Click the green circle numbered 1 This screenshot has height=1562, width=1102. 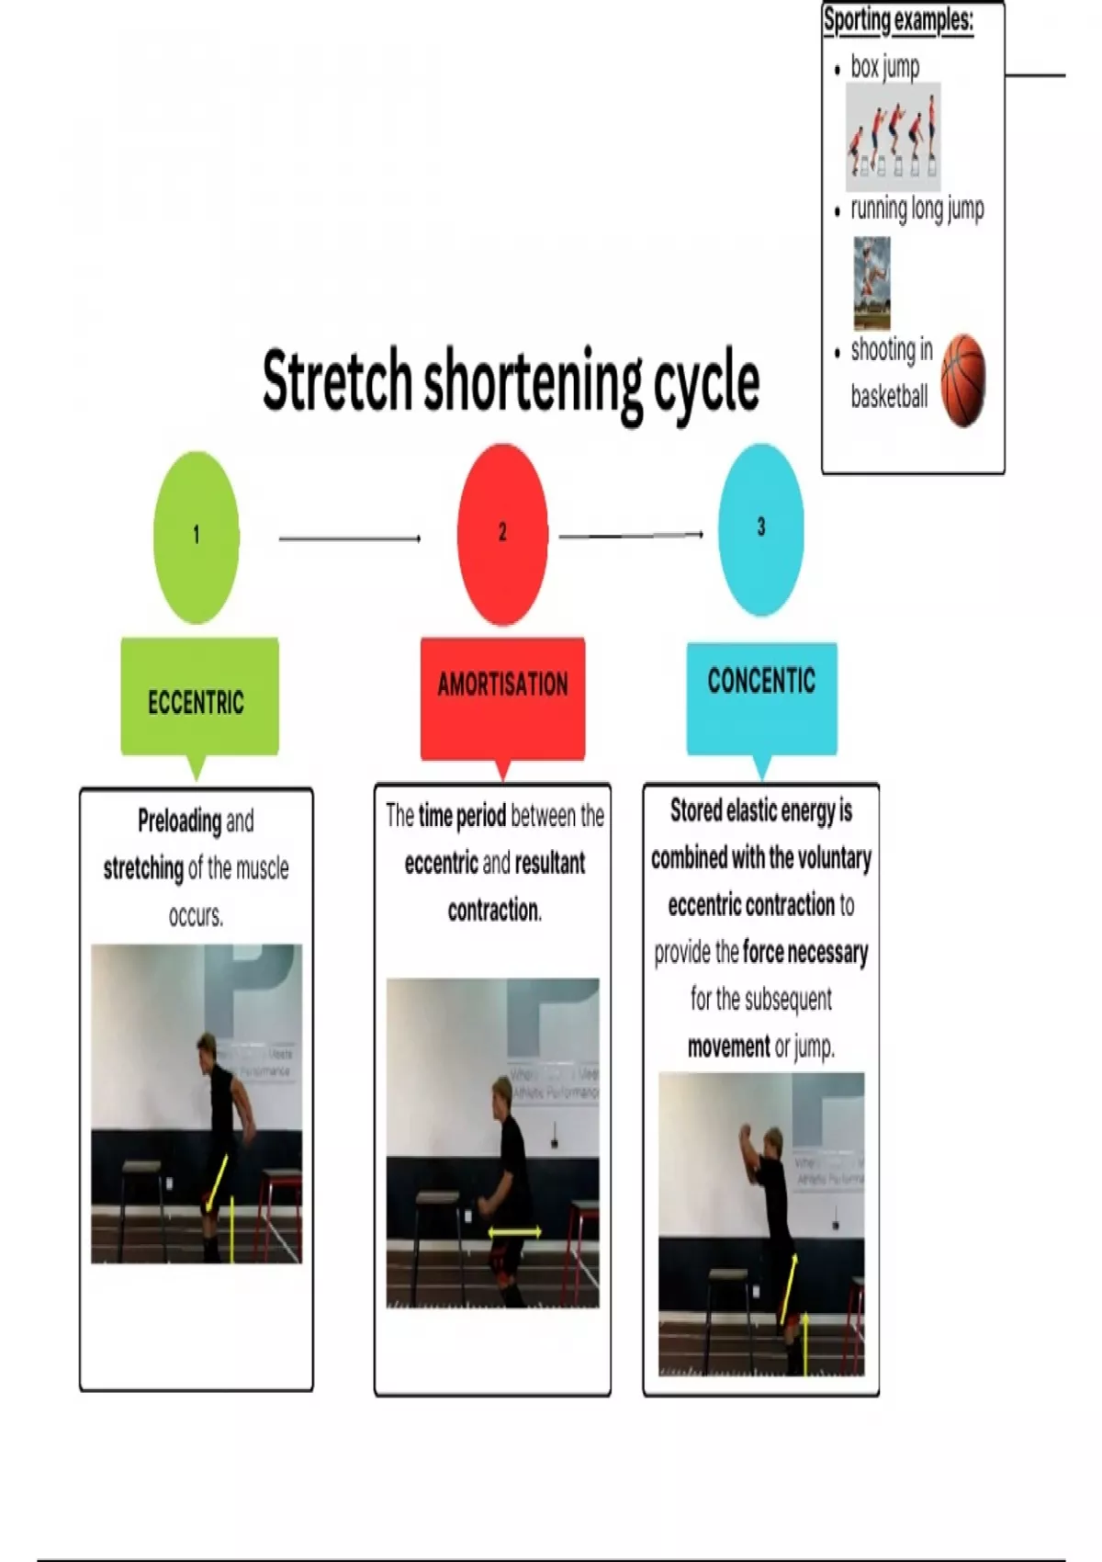click(x=196, y=537)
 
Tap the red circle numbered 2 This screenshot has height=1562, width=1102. click(x=502, y=534)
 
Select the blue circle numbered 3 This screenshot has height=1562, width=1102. click(x=760, y=528)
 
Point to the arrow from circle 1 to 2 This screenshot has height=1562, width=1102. click(x=349, y=538)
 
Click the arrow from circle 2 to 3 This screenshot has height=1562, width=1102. click(x=631, y=535)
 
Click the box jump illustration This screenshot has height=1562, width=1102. click(x=894, y=137)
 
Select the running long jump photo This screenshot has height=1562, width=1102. click(x=871, y=282)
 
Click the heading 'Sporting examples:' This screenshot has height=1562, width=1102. click(x=897, y=19)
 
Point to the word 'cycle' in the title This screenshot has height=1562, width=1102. click(x=705, y=381)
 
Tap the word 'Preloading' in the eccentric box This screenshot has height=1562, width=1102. click(x=179, y=820)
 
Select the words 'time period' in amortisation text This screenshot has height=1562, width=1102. click(x=462, y=815)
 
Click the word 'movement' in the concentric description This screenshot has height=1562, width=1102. click(x=729, y=1046)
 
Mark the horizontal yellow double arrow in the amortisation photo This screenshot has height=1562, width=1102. click(x=514, y=1232)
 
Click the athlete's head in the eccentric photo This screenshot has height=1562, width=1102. click(x=207, y=1048)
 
